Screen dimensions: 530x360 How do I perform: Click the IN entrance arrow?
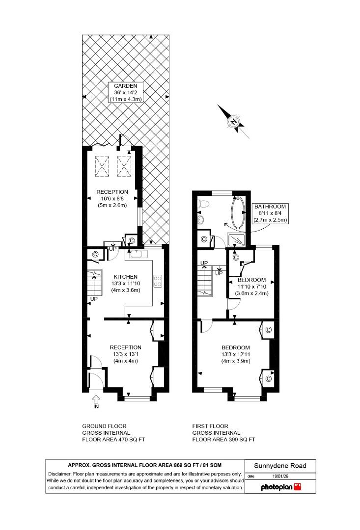[95, 400]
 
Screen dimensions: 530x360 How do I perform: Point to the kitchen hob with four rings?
[159, 280]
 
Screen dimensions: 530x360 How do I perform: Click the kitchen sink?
[137, 253]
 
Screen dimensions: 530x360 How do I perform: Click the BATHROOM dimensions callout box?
[270, 213]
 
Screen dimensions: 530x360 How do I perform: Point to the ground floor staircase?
[94, 282]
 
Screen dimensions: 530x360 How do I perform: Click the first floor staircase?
[206, 280]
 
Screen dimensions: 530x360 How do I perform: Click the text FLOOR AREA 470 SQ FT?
[113, 440]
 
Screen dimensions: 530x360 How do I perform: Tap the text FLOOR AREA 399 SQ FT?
[223, 440]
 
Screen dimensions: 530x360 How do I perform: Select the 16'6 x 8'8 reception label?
[112, 198]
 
